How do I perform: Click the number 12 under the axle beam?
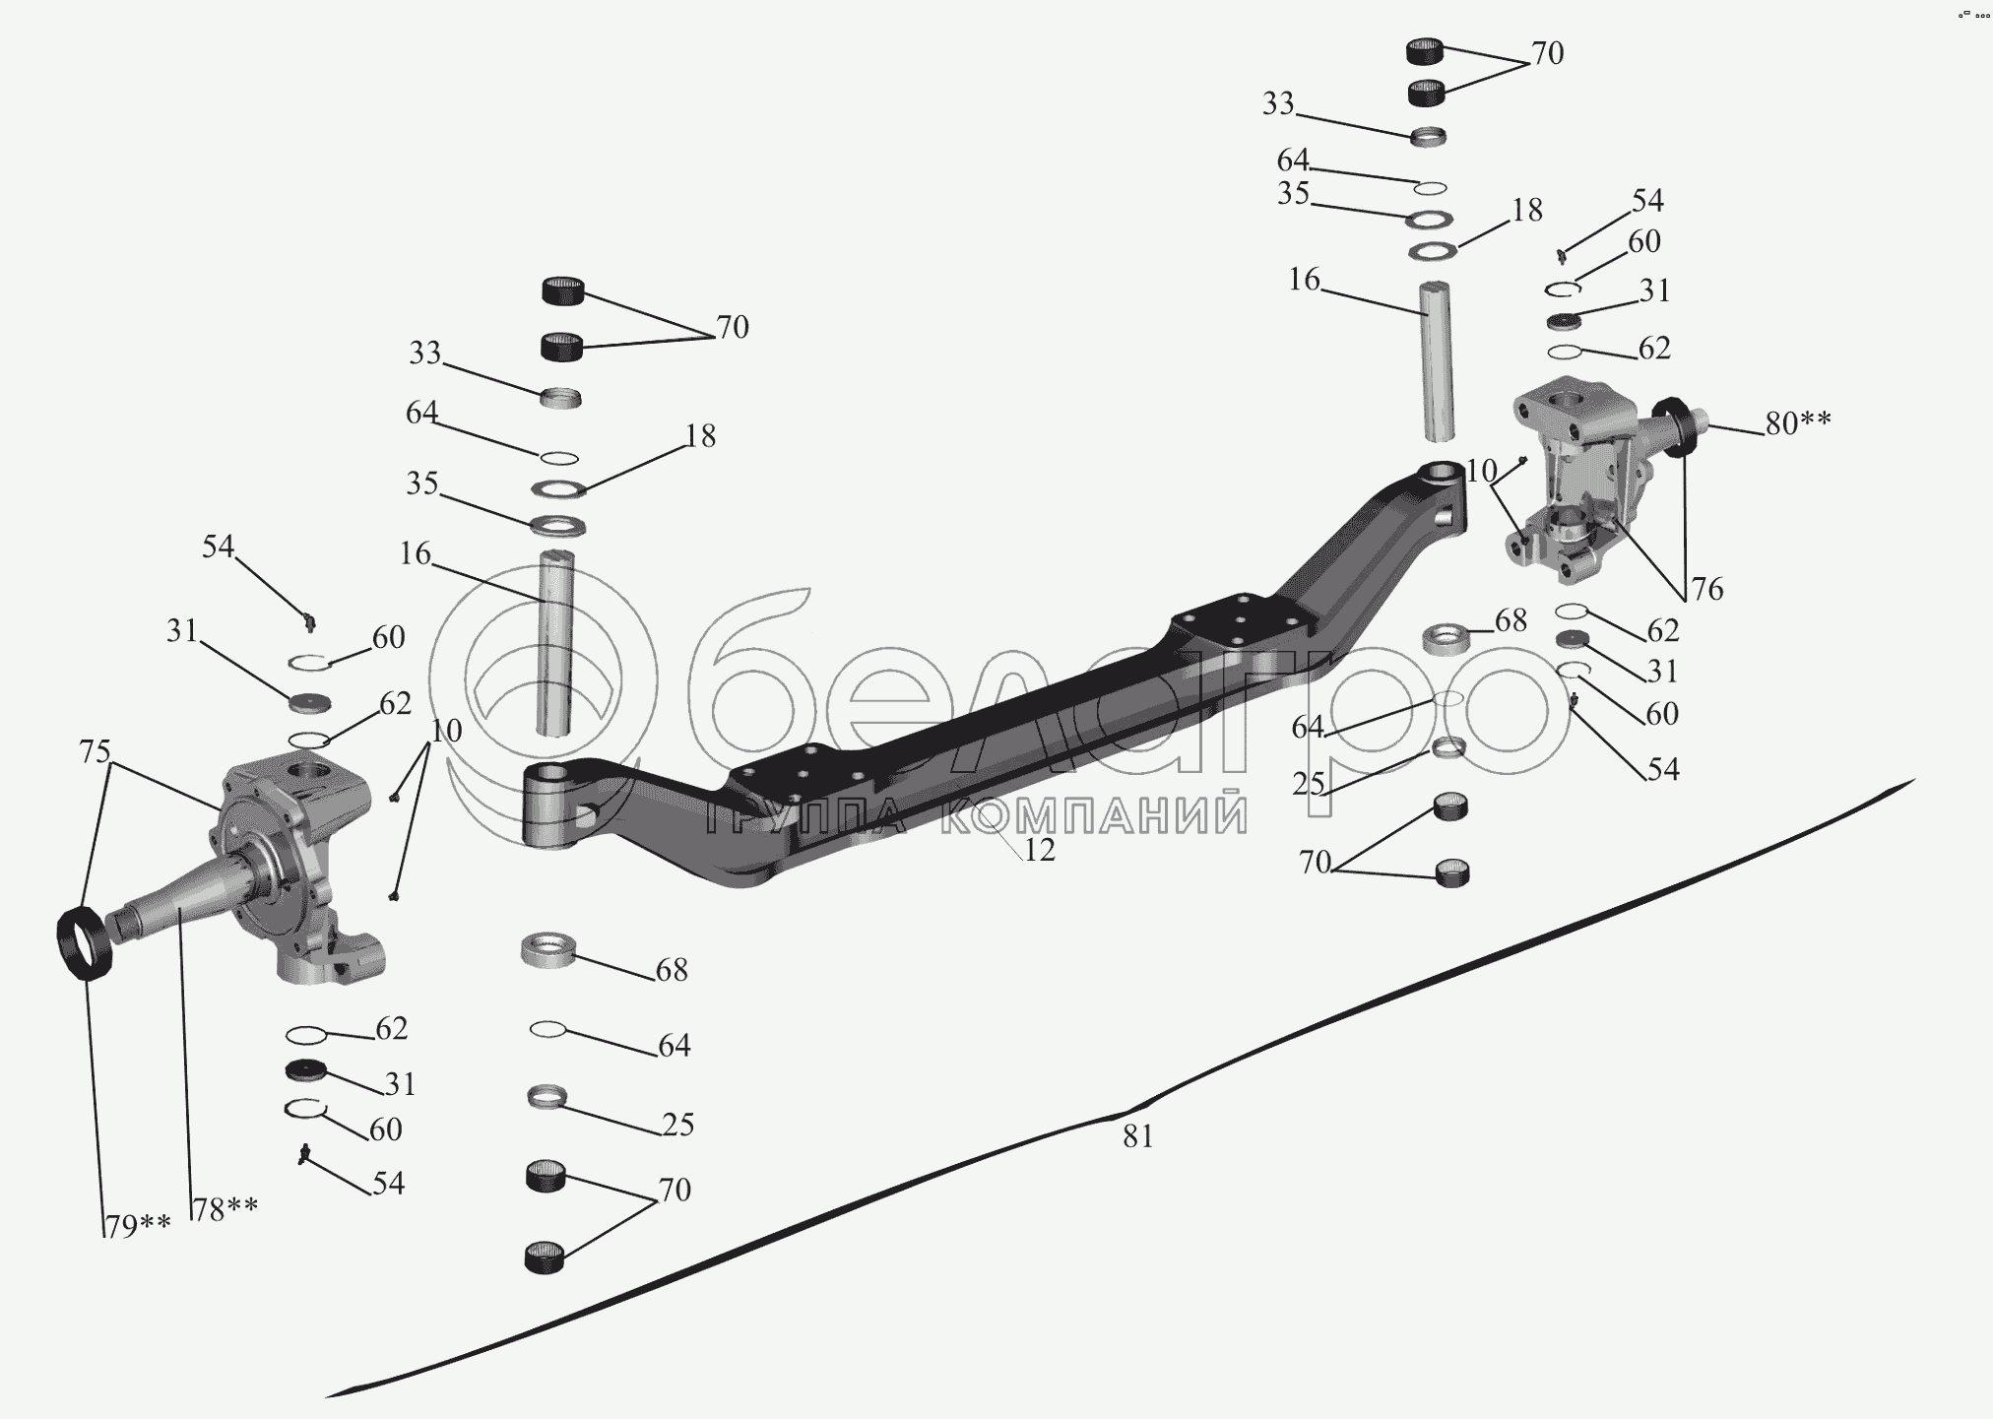1039,850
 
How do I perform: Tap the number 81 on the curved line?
1137,1136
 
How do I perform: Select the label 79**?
139,1227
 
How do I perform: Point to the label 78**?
225,1208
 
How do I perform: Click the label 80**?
1798,423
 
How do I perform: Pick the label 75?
95,751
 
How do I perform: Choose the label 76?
1706,589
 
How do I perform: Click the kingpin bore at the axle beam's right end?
1443,473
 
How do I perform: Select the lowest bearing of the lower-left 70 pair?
545,1258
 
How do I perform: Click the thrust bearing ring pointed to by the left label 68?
547,951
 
